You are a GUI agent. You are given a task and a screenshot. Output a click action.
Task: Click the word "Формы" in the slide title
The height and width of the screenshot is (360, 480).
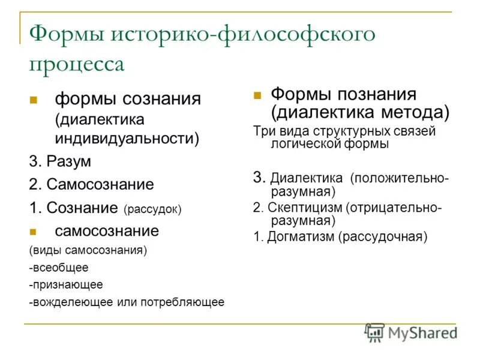(65, 35)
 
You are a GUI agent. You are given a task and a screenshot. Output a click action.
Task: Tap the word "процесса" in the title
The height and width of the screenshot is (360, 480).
(77, 64)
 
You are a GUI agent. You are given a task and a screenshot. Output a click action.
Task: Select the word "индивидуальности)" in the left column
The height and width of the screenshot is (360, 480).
(127, 138)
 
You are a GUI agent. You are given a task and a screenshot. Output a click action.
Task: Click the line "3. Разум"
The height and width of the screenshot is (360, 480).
(61, 161)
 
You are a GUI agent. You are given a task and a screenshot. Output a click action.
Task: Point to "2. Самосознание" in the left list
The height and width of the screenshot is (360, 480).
(91, 185)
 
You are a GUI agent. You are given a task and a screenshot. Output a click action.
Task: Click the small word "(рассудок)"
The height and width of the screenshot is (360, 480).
(152, 209)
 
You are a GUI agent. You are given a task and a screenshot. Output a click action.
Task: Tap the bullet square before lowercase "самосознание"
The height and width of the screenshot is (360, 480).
(34, 232)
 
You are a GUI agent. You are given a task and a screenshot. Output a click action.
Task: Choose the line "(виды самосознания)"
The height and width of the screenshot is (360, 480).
(88, 250)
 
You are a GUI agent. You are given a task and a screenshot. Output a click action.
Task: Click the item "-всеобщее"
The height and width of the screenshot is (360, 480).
(58, 267)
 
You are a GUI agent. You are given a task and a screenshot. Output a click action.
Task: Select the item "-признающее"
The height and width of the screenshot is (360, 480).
(65, 284)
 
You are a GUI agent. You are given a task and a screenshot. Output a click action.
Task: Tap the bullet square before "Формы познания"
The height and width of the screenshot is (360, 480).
(257, 95)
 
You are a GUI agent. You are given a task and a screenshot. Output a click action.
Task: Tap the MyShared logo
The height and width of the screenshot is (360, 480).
(411, 333)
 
